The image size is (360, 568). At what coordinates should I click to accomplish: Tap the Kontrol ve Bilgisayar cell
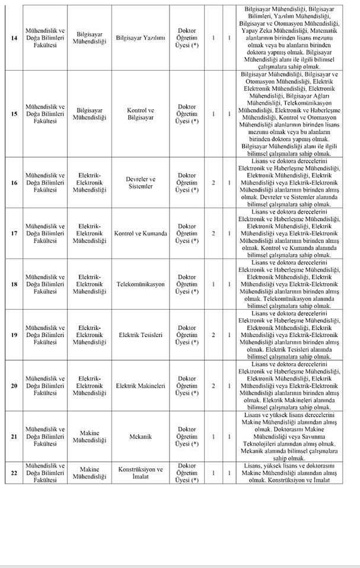(x=141, y=114)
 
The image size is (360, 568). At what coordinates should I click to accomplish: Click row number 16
(x=14, y=182)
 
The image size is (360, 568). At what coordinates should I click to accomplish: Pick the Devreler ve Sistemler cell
(x=141, y=182)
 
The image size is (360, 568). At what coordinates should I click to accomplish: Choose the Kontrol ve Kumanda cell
(x=141, y=233)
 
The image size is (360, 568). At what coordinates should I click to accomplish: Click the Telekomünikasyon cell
(x=141, y=284)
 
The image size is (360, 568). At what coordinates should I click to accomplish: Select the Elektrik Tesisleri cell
(x=141, y=335)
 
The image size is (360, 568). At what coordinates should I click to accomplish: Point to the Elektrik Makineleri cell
(x=141, y=386)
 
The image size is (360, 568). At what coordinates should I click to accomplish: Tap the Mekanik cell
(x=141, y=437)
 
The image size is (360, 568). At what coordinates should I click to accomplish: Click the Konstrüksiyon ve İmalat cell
(x=141, y=473)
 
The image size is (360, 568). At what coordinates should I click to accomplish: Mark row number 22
(x=14, y=473)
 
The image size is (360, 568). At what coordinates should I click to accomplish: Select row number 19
(x=14, y=335)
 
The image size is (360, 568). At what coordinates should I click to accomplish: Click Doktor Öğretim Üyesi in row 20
(x=187, y=386)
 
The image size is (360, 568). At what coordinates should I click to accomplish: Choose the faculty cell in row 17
(x=45, y=233)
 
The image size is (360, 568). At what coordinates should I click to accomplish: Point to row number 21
(x=14, y=437)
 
